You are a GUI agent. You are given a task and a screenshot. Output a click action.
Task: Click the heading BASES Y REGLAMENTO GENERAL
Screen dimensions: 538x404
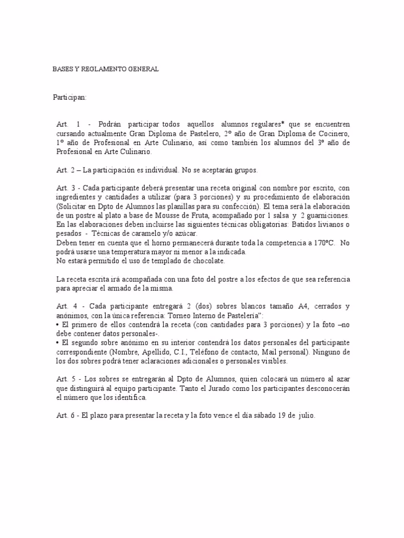pos(105,69)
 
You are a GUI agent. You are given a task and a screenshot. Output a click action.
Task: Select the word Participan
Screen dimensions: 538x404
pos(69,98)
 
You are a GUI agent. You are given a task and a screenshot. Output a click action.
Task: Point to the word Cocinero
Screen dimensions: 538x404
pos(334,133)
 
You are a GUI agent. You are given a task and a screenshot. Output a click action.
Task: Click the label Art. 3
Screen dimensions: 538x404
pos(66,188)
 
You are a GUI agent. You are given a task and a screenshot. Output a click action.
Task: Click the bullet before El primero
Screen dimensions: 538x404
pos(58,325)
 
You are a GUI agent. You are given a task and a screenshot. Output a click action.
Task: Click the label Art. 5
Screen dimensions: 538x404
pos(66,379)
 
